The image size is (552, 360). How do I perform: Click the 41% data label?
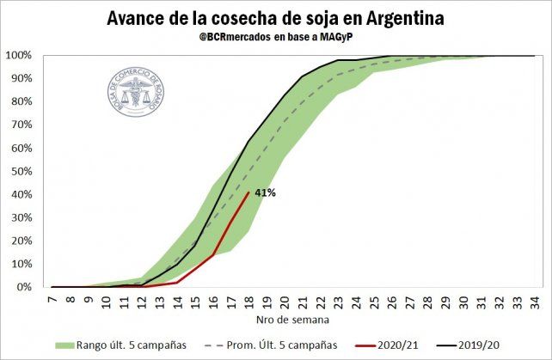(264, 193)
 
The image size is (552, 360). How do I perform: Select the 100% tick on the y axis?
(19, 56)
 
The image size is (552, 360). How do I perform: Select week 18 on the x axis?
(248, 302)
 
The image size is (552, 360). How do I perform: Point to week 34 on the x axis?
(534, 302)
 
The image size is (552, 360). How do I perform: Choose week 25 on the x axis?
(373, 302)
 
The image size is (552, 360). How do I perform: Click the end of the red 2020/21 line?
(248, 192)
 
